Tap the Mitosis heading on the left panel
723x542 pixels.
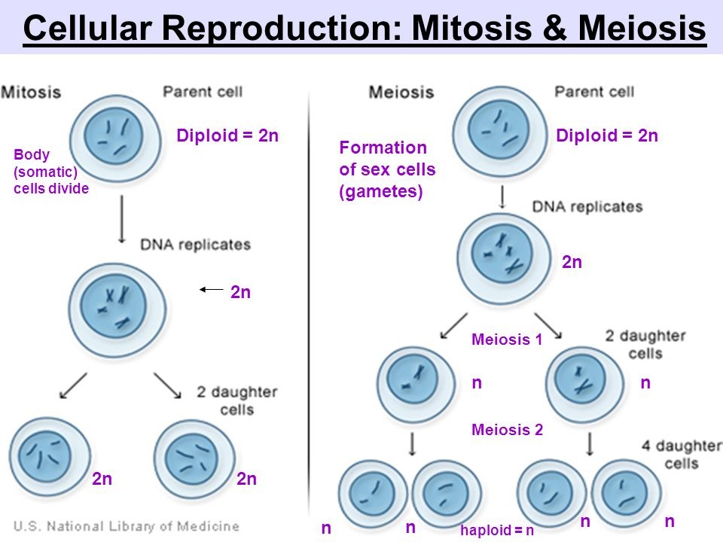[x=32, y=93]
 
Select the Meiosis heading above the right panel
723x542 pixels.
[x=401, y=93]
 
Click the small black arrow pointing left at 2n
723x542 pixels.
[x=212, y=288]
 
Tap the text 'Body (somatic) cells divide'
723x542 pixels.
[x=51, y=172]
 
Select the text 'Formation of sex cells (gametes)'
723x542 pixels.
[x=387, y=169]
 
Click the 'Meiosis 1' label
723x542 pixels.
[x=506, y=340]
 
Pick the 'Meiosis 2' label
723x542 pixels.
[x=506, y=430]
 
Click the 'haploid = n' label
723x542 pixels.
[x=496, y=530]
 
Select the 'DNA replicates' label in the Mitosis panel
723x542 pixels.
[x=195, y=245]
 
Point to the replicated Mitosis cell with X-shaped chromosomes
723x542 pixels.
[x=117, y=304]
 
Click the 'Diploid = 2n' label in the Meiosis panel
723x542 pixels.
[x=607, y=135]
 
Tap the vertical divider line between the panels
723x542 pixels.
[x=310, y=301]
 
